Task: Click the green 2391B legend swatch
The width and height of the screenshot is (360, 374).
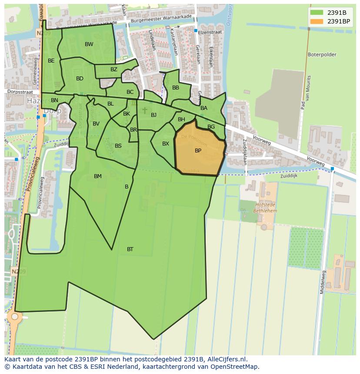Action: (317, 12)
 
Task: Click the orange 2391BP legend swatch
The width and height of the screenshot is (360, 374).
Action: (317, 21)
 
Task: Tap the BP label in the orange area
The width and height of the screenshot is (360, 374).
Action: (198, 151)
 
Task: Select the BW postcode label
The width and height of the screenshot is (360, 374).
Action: (89, 44)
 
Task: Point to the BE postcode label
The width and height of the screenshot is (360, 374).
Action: (51, 61)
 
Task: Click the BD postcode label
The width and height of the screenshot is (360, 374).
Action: (80, 79)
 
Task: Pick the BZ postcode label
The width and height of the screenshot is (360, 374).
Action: (114, 70)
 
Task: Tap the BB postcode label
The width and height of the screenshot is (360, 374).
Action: (176, 88)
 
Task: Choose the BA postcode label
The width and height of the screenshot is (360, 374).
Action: (204, 108)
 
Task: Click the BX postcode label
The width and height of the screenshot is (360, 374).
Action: (166, 144)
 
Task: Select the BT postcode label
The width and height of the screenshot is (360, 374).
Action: (130, 249)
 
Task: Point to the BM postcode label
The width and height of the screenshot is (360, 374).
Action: (98, 176)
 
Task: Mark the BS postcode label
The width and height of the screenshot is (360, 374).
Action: (118, 146)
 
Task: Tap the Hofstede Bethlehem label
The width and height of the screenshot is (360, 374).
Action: (267, 208)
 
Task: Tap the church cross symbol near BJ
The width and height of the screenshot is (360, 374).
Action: (145, 111)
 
